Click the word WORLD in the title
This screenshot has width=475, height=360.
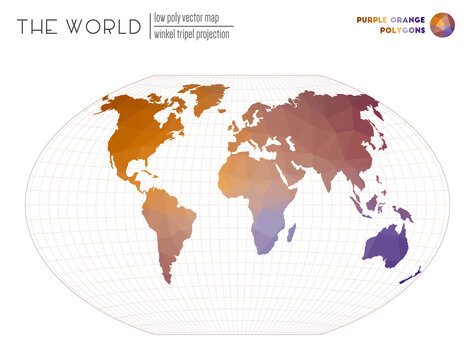(x=104, y=27)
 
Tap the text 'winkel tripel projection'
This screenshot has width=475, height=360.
(x=191, y=34)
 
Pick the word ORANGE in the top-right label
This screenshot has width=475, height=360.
(x=411, y=18)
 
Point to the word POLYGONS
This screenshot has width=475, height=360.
(x=402, y=30)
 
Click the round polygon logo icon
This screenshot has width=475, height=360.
(x=442, y=24)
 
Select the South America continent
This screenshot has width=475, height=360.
(x=166, y=221)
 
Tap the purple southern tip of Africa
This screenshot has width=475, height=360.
(x=264, y=240)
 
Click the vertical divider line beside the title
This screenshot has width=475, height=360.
(x=148, y=26)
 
